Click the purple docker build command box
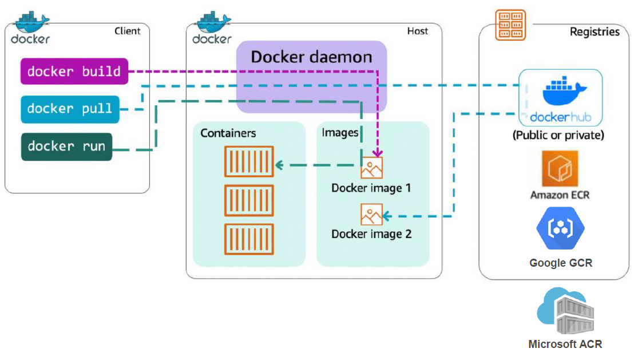click(x=74, y=72)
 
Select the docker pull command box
click(x=70, y=109)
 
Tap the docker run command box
click(x=66, y=147)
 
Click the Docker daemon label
click(x=311, y=57)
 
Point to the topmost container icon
click(x=249, y=161)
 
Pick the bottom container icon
click(x=249, y=239)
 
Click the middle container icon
click(x=249, y=200)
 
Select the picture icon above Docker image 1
click(x=371, y=168)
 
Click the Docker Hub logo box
click(x=560, y=98)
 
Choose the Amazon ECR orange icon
click(x=560, y=169)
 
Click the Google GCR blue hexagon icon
click(x=560, y=228)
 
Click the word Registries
click(x=595, y=32)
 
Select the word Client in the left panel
click(x=128, y=31)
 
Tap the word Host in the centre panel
click(x=417, y=31)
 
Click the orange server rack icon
click(x=510, y=25)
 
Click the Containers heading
click(x=228, y=133)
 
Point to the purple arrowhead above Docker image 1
click(x=377, y=153)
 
